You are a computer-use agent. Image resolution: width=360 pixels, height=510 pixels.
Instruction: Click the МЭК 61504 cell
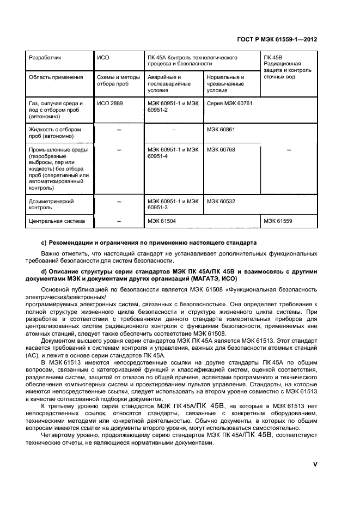click(x=161, y=221)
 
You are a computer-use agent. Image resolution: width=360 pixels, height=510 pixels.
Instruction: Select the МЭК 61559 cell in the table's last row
click(x=278, y=221)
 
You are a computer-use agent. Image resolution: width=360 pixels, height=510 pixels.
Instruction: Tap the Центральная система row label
click(x=57, y=221)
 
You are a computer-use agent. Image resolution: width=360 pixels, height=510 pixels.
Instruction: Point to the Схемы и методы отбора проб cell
click(x=118, y=80)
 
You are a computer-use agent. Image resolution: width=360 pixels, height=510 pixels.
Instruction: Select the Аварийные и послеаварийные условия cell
click(x=169, y=83)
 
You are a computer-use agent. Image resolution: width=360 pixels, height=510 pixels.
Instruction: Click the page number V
click(x=314, y=464)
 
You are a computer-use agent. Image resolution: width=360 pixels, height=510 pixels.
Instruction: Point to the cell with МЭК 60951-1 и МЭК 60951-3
click(x=173, y=204)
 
